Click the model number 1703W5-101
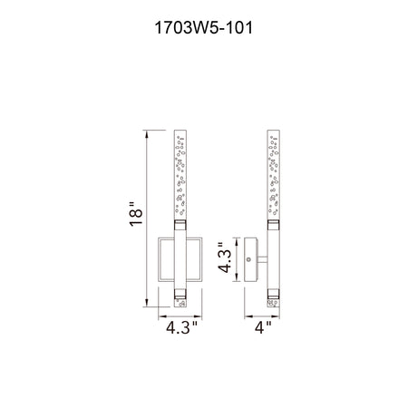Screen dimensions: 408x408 point(204,28)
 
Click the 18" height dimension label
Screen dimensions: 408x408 point(136,214)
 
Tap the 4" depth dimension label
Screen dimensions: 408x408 point(263,327)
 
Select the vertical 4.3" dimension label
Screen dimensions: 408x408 point(226,257)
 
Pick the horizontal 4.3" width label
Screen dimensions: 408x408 point(182,327)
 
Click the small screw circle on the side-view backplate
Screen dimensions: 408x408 point(249,259)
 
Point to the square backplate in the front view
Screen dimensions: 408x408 point(180,259)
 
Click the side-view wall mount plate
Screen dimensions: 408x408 point(250,259)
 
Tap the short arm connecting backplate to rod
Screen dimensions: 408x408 point(262,259)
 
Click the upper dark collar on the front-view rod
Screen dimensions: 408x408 point(180,225)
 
